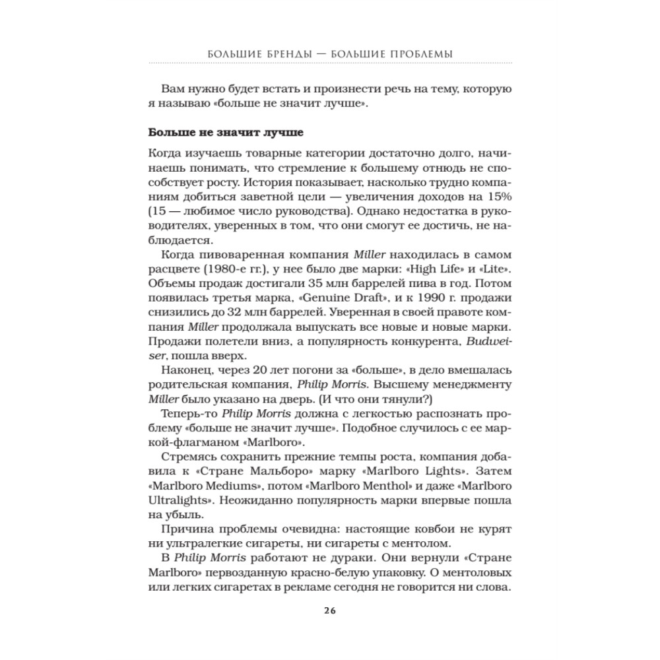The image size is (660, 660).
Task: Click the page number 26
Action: [329, 609]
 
